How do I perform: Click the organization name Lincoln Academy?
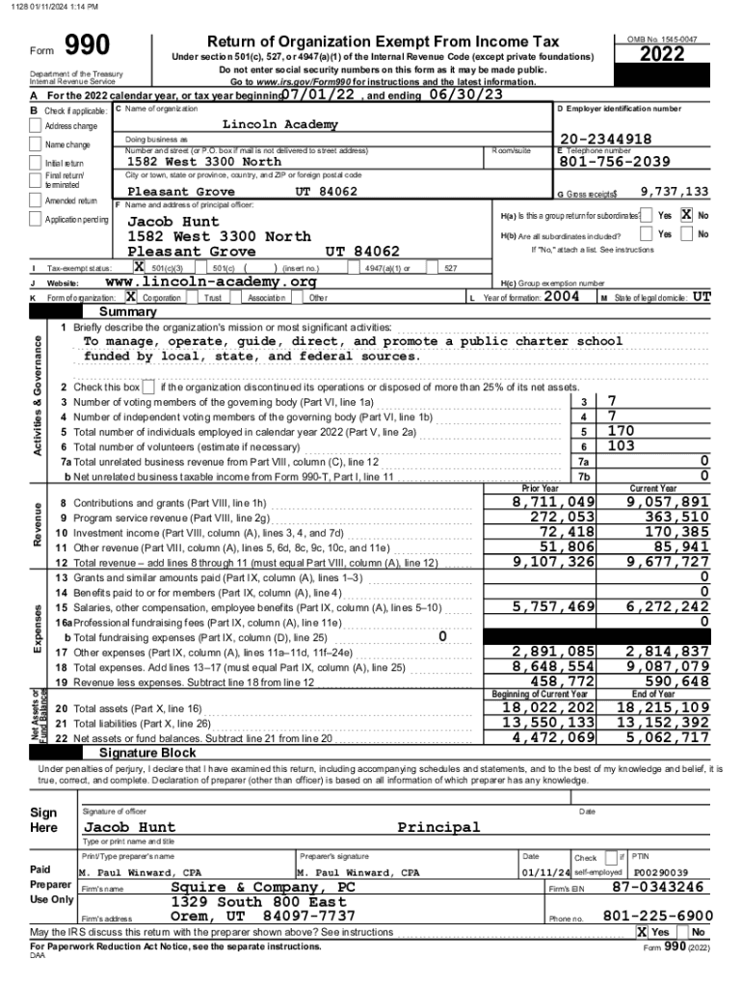click(x=280, y=124)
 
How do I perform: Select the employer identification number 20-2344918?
click(x=605, y=139)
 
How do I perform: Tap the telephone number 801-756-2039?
click(x=614, y=162)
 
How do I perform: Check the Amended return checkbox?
click(x=38, y=200)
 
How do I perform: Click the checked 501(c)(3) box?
click(x=140, y=267)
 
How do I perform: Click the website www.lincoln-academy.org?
click(x=210, y=281)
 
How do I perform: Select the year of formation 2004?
click(x=561, y=297)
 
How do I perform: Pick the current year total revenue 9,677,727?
click(x=667, y=562)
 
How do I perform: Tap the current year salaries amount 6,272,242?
click(x=667, y=606)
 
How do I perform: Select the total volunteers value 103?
click(x=621, y=446)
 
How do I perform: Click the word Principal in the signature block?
click(x=438, y=827)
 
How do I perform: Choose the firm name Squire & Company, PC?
click(x=263, y=887)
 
